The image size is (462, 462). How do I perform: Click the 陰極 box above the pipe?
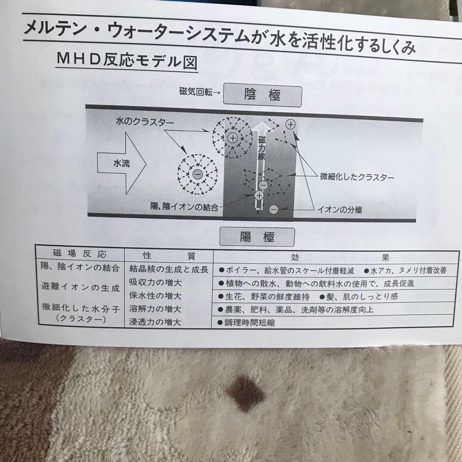(262, 95)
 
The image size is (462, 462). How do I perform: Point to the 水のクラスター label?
(144, 122)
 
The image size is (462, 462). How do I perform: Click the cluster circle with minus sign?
(197, 175)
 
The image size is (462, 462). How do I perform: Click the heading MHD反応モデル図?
(127, 61)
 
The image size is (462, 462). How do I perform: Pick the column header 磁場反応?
(80, 254)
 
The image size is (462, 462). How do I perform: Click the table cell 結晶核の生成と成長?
(169, 269)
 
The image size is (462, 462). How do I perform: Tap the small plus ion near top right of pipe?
(290, 124)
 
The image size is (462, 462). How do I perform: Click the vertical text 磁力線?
(261, 148)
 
